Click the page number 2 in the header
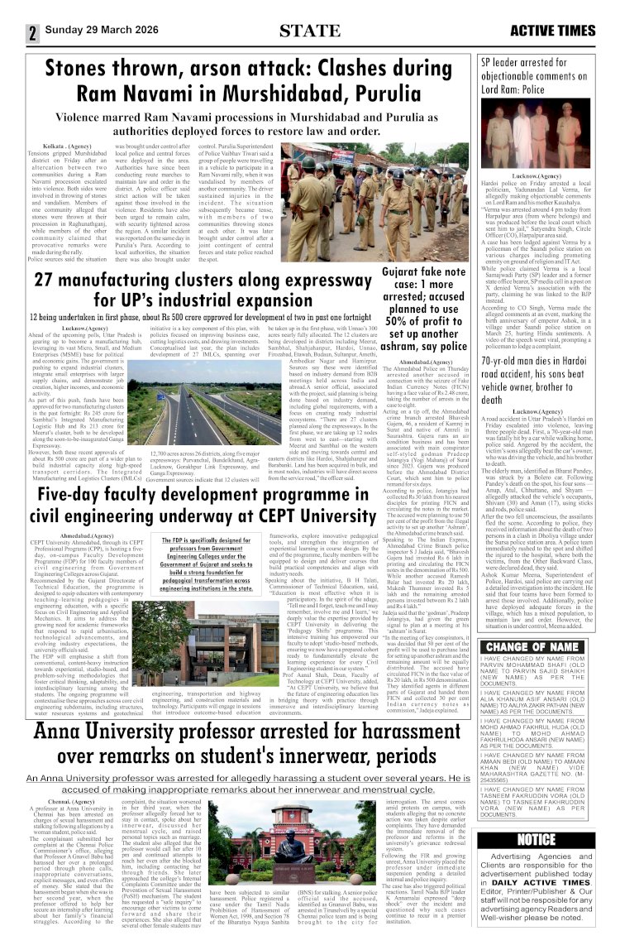click(x=33, y=33)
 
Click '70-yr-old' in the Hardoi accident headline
click(x=507, y=386)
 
